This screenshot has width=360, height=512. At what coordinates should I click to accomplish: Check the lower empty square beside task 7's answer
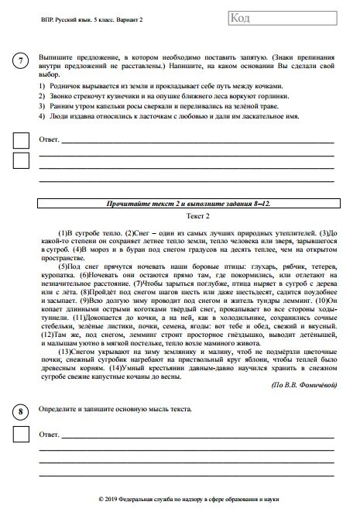[x=21, y=161]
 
